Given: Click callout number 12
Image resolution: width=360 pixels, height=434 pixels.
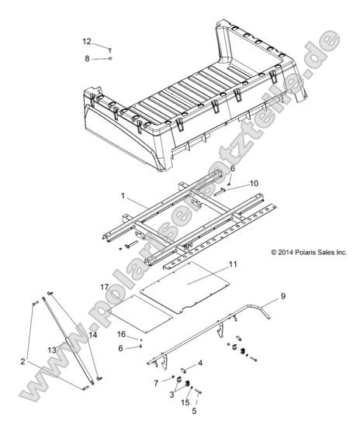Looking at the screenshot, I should point(87,41).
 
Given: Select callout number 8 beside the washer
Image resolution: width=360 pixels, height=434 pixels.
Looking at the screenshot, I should point(87,58).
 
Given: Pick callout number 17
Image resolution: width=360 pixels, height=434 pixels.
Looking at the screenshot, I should point(104,288).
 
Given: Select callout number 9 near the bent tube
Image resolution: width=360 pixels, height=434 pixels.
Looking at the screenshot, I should point(283,296).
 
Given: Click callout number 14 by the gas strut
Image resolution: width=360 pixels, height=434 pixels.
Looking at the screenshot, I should point(93,334).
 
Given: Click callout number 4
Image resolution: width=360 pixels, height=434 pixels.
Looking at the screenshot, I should point(200,362).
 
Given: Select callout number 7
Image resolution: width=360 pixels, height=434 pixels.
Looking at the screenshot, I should point(155,383).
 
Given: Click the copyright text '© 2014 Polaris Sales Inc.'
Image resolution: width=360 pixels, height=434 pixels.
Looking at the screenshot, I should point(297,252).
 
